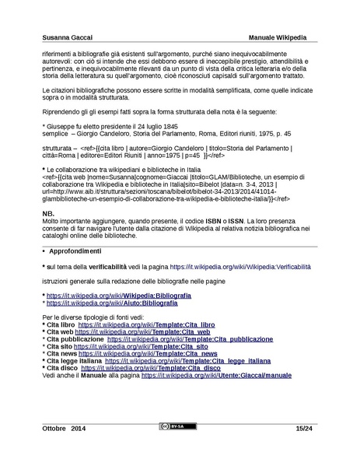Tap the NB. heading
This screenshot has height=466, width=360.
[47, 213]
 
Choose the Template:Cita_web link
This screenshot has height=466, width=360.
[133, 331]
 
